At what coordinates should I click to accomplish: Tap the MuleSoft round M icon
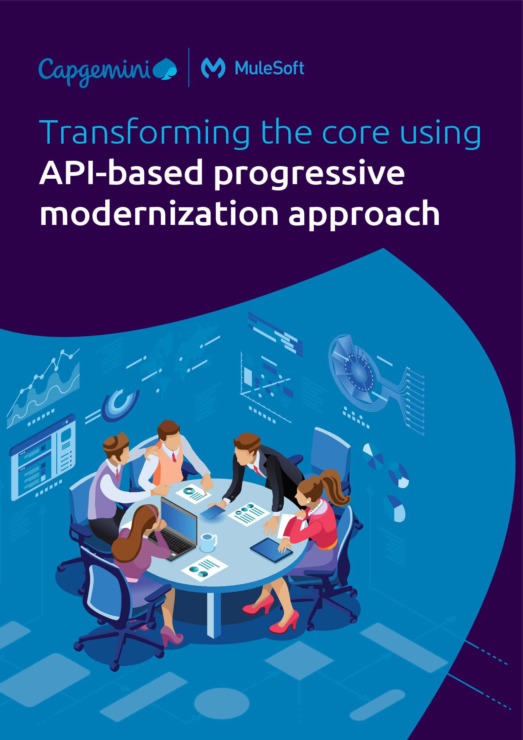click(x=213, y=68)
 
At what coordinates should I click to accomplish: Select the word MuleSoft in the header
click(x=269, y=68)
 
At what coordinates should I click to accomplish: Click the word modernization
click(x=159, y=213)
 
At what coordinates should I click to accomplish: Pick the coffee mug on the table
click(x=208, y=542)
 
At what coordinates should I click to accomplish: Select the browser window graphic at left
click(x=43, y=458)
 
